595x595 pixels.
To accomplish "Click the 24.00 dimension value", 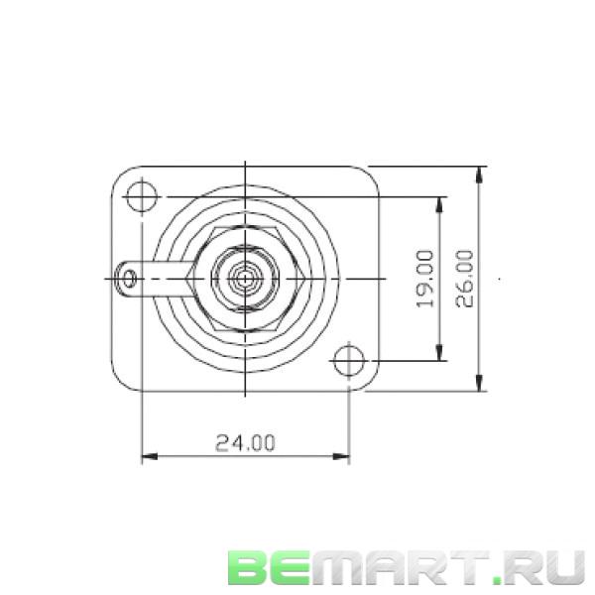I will click(x=245, y=443).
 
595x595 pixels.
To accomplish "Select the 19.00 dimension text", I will click(x=425, y=278).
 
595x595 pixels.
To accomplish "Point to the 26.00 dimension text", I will click(x=464, y=278).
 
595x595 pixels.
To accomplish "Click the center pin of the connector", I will click(x=244, y=279).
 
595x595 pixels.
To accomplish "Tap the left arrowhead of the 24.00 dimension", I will click(x=146, y=457).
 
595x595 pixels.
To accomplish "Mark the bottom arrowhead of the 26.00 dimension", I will click(x=480, y=388).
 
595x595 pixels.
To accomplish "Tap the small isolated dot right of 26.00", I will click(x=500, y=281).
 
